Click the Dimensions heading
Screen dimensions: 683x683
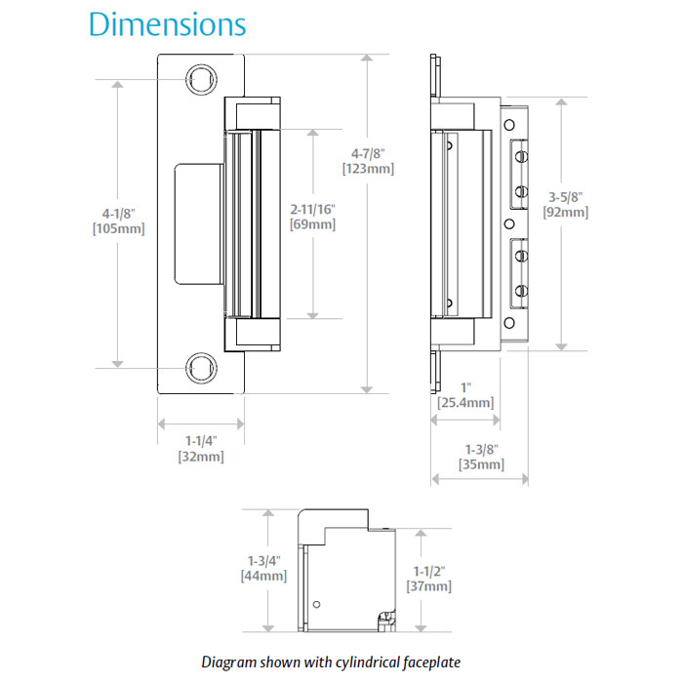click(167, 24)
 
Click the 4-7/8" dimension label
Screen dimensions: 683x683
click(369, 152)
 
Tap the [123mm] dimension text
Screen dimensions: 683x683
click(369, 169)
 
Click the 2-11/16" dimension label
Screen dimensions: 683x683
click(313, 208)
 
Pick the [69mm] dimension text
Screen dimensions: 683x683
click(313, 224)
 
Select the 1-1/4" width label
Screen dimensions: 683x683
click(201, 439)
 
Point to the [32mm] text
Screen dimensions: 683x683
click(201, 456)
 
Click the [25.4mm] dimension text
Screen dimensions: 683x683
click(465, 402)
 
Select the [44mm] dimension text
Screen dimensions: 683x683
click(263, 576)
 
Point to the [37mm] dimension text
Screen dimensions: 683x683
click(427, 585)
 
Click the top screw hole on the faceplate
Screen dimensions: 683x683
click(200, 77)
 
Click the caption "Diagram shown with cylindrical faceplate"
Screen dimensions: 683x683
click(330, 662)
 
